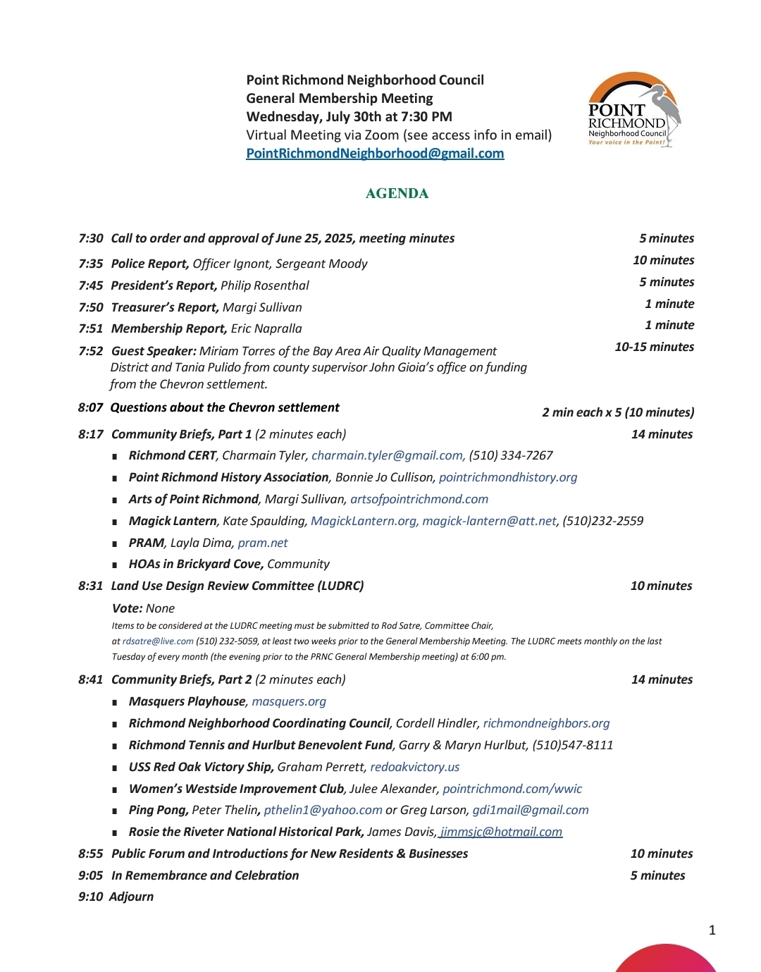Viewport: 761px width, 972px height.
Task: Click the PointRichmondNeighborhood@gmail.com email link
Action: [375, 154]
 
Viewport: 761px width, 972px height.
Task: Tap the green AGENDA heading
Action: [397, 194]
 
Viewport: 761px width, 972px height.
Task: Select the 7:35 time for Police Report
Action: [91, 264]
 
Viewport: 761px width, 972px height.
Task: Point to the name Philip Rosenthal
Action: [265, 285]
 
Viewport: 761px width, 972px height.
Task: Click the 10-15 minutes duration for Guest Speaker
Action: [654, 347]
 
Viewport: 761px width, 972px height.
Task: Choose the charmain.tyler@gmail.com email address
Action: [387, 455]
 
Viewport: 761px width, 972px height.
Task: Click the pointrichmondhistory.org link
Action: [508, 477]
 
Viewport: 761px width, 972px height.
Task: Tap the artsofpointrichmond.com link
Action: [419, 499]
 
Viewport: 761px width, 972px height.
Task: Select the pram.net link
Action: [263, 543]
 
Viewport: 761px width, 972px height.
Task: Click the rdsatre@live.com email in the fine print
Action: [158, 641]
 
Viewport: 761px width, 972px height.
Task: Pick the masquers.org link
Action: [289, 701]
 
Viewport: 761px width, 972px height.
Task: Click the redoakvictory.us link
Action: [415, 767]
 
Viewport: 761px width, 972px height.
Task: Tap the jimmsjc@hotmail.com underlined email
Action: [501, 832]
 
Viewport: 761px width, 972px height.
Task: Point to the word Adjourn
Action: [132, 897]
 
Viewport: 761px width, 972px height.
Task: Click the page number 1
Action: [712, 930]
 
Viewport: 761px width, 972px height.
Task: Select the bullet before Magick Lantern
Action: [115, 522]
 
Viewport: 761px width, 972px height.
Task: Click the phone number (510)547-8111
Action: [573, 745]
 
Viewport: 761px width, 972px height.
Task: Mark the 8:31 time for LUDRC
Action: [91, 586]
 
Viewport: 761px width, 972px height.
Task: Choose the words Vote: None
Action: [143, 608]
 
